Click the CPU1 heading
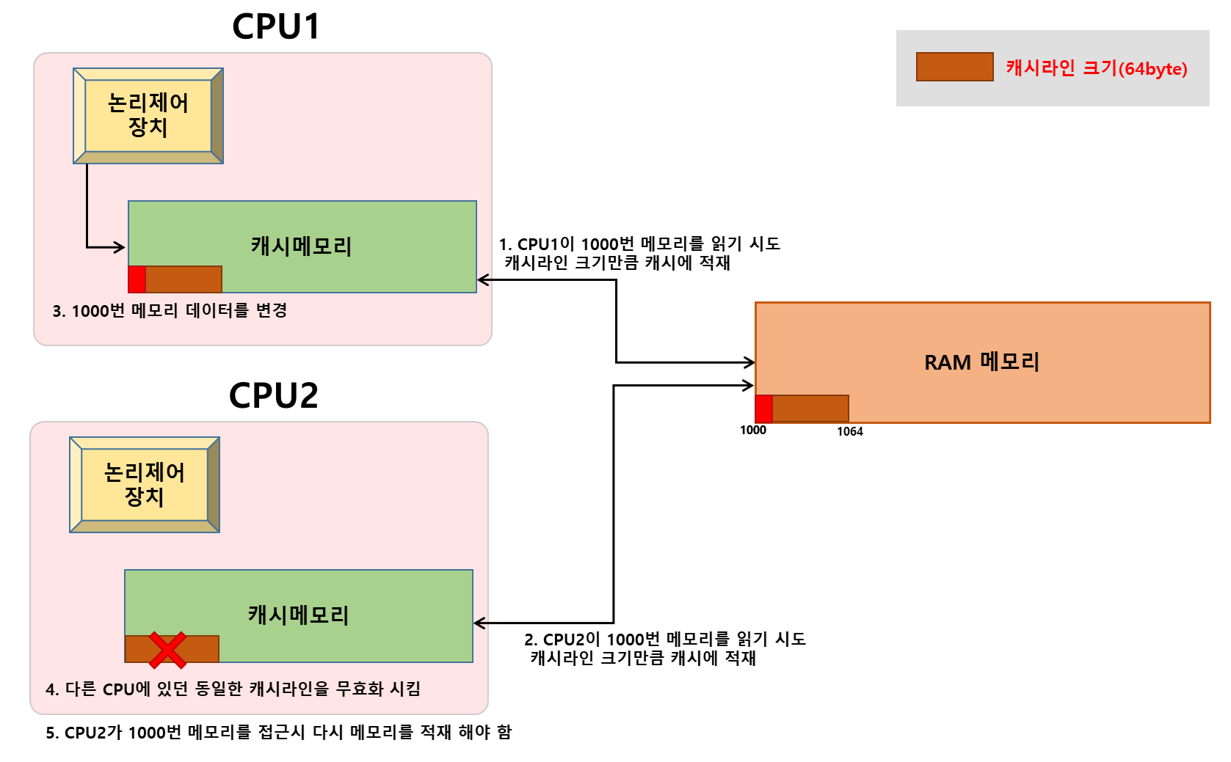point(276,27)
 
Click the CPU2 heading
point(273,396)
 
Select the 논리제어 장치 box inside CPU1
point(148,116)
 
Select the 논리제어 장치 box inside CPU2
point(145,485)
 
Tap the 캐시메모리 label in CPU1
point(301,246)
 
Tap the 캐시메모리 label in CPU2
point(298,615)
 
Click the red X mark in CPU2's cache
point(167,650)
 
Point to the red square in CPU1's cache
point(137,279)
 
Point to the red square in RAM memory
point(763,409)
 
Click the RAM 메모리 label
point(981,362)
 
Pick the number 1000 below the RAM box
point(752,431)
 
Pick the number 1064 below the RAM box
point(849,432)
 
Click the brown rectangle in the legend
point(954,67)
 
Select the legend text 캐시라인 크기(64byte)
point(1096,68)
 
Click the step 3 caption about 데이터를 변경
point(170,311)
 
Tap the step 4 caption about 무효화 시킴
point(233,689)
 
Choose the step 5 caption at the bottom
point(278,733)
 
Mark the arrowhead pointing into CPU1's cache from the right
point(482,279)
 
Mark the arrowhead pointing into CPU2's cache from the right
point(479,623)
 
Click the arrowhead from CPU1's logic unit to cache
point(120,247)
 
